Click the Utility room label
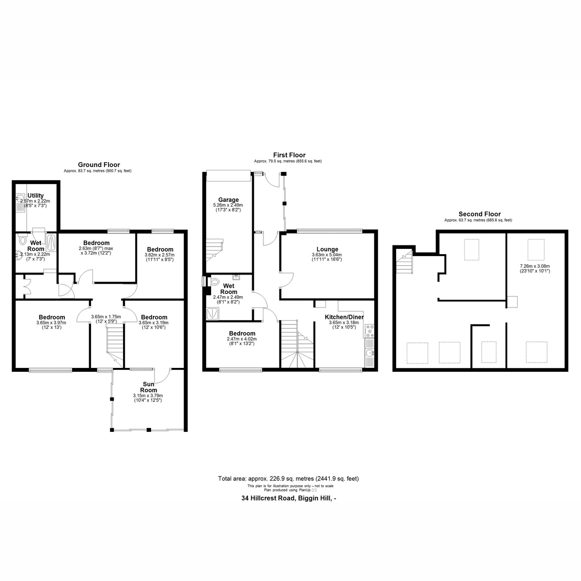click(35, 196)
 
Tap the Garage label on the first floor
click(229, 199)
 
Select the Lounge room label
click(327, 249)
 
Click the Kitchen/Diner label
click(344, 317)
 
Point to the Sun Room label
click(148, 387)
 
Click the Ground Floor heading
click(99, 165)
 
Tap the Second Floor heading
click(479, 214)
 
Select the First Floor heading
click(289, 155)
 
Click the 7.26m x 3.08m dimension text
click(535, 266)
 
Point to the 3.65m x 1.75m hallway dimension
click(106, 317)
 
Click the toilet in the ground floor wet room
click(22, 240)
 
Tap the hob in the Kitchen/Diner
click(369, 331)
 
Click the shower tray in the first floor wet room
click(213, 314)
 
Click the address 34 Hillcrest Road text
click(289, 498)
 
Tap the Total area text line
click(289, 478)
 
